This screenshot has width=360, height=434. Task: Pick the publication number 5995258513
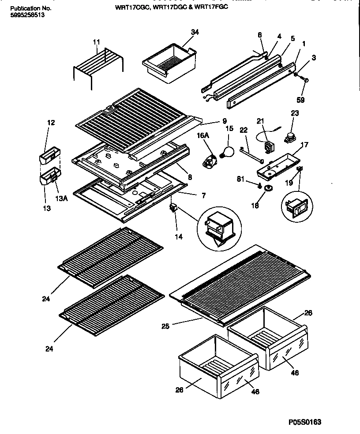[27, 15]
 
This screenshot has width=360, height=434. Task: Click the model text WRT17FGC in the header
[212, 7]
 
